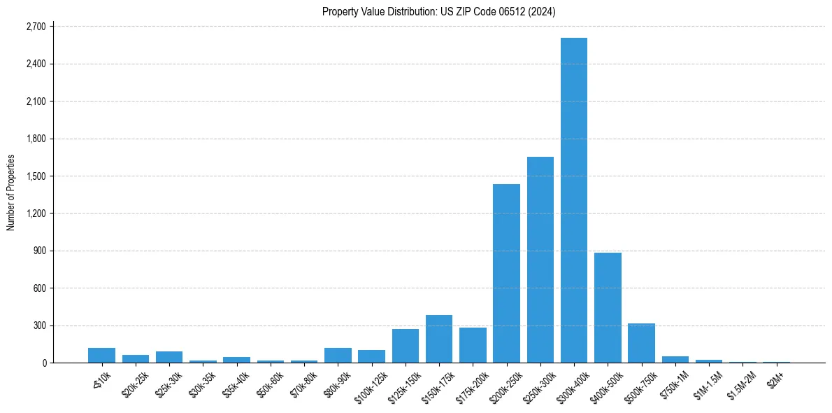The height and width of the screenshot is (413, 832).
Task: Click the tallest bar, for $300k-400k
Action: click(x=574, y=200)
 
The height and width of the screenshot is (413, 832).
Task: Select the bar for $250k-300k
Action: click(x=540, y=260)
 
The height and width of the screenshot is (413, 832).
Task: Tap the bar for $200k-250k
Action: click(x=506, y=273)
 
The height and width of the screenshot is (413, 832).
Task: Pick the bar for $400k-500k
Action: click(x=608, y=307)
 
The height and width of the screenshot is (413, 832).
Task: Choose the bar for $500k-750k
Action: click(x=641, y=343)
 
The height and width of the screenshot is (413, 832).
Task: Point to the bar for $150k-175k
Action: click(x=439, y=339)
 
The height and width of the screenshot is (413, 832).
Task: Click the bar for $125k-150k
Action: click(x=406, y=346)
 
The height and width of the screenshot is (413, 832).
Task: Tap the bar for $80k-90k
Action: click(x=338, y=355)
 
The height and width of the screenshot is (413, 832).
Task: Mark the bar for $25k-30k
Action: click(x=169, y=357)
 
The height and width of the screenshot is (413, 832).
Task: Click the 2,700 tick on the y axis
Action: click(x=35, y=27)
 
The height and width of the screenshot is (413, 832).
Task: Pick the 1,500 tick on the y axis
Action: click(x=35, y=176)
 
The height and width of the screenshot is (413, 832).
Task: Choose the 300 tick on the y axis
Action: click(x=39, y=325)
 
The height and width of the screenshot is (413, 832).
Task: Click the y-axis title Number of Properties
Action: click(x=10, y=192)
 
